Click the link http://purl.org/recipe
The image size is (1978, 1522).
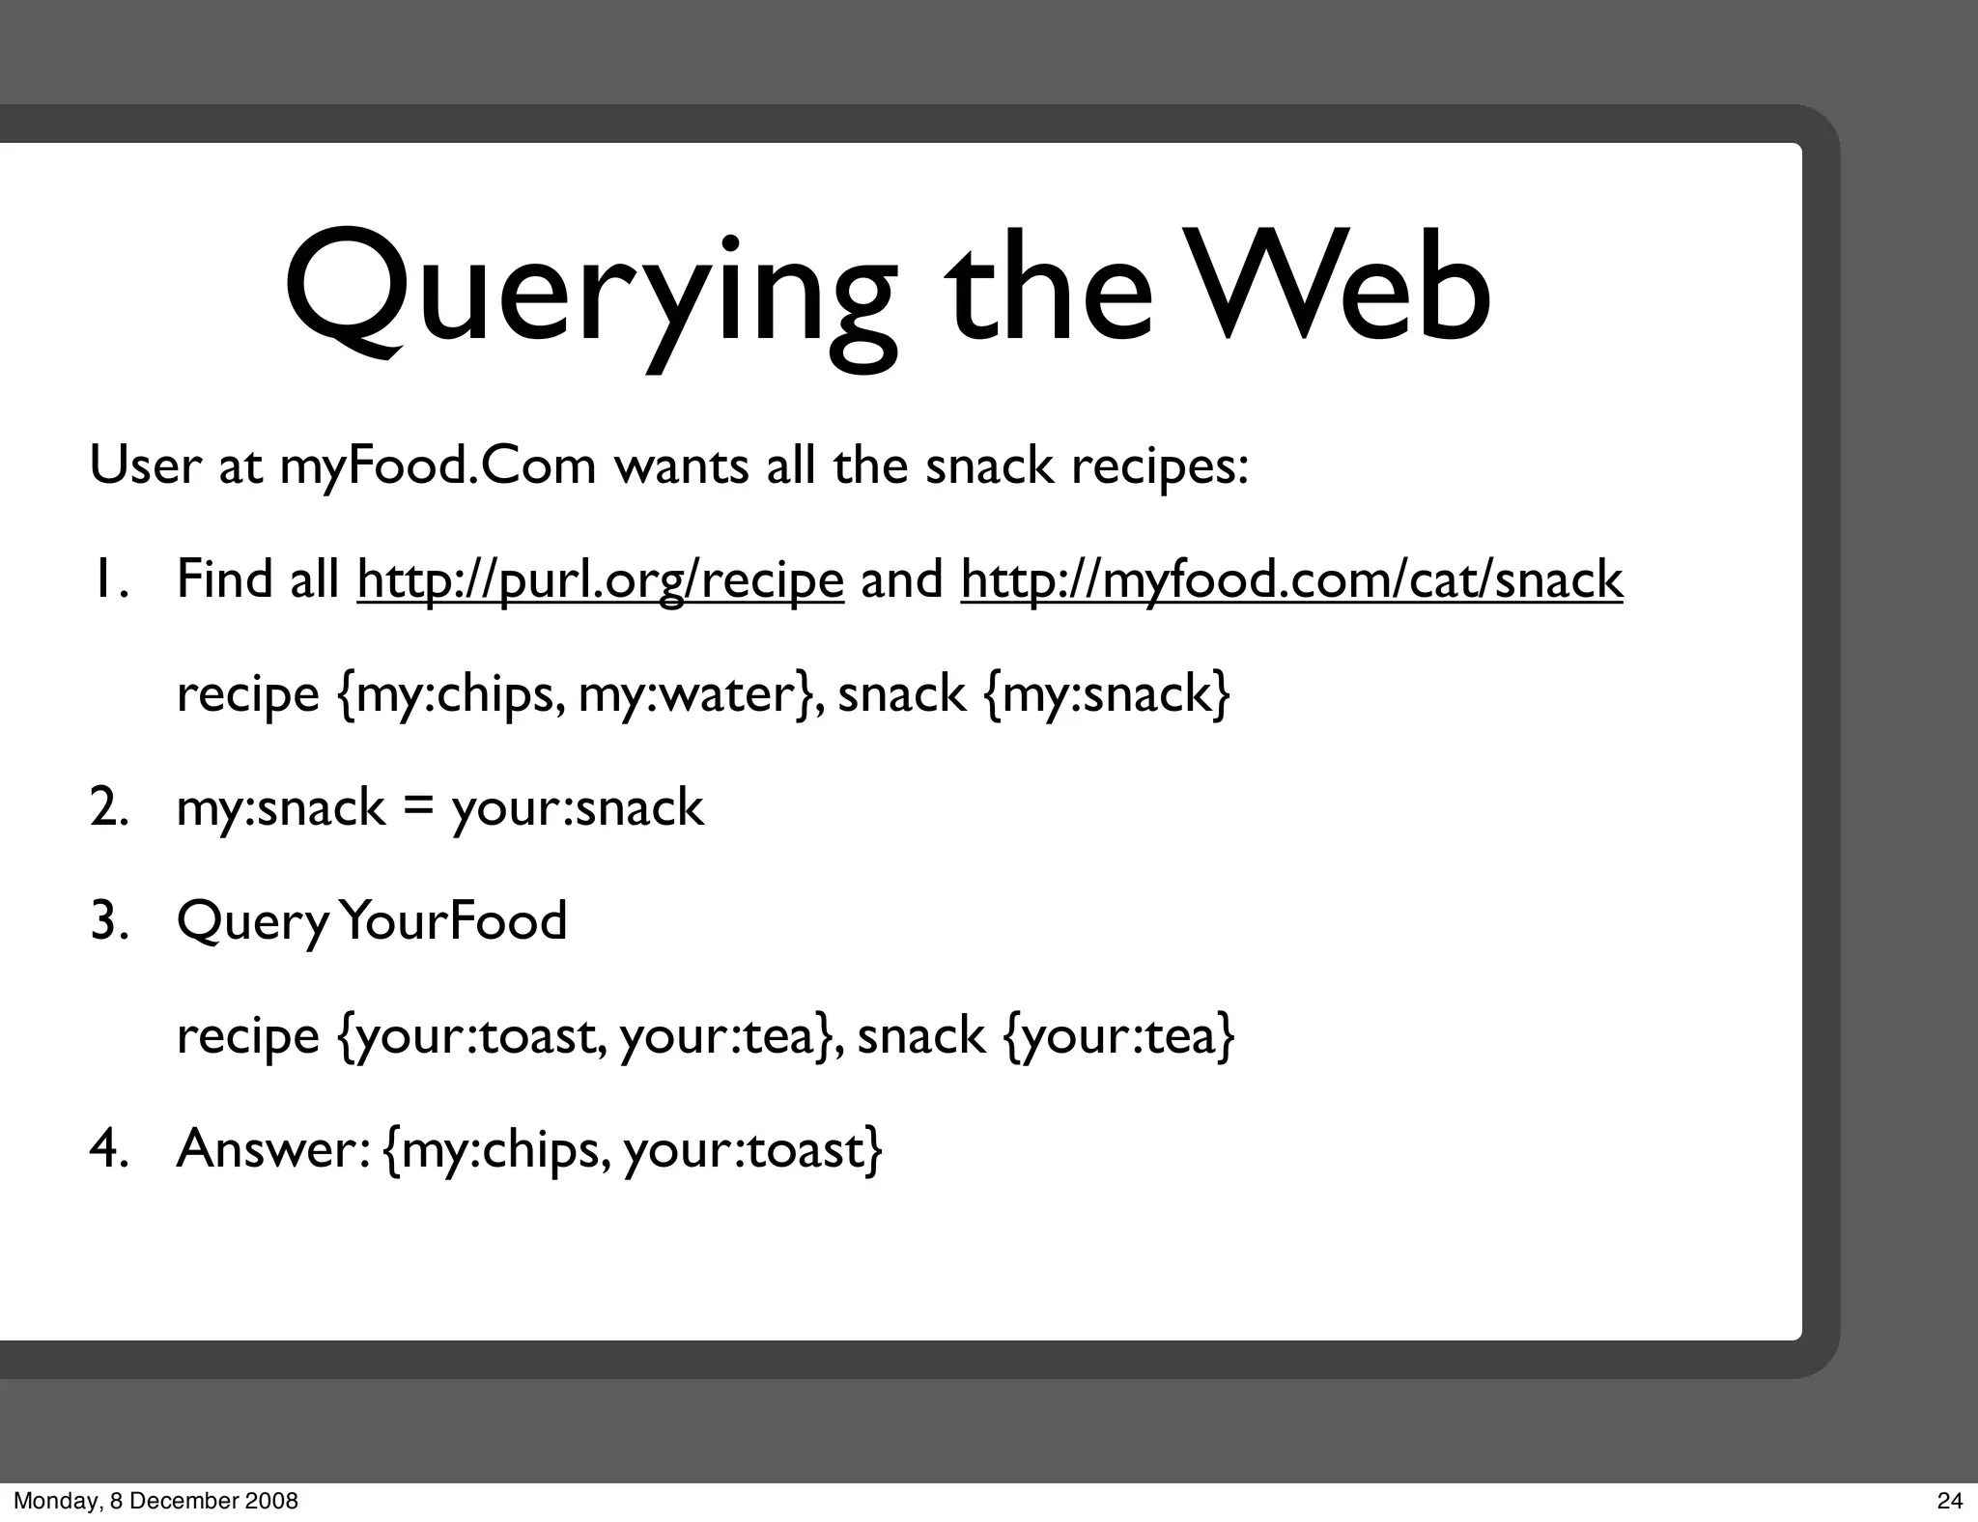[600, 579]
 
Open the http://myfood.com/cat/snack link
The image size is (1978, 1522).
[1291, 579]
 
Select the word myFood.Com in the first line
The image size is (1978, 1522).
[438, 466]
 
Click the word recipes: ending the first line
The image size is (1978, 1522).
[1159, 466]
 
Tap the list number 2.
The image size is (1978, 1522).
[108, 807]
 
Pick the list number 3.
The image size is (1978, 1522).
[108, 920]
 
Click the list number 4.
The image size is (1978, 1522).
[108, 1148]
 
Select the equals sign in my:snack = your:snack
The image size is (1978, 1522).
[417, 807]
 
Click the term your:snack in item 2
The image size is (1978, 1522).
[578, 807]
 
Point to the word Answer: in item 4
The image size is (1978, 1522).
[272, 1148]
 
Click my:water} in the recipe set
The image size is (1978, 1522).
[700, 693]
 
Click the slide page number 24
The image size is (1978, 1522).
[1949, 1501]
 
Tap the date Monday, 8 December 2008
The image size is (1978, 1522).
[155, 1501]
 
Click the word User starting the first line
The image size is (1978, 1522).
[145, 466]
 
